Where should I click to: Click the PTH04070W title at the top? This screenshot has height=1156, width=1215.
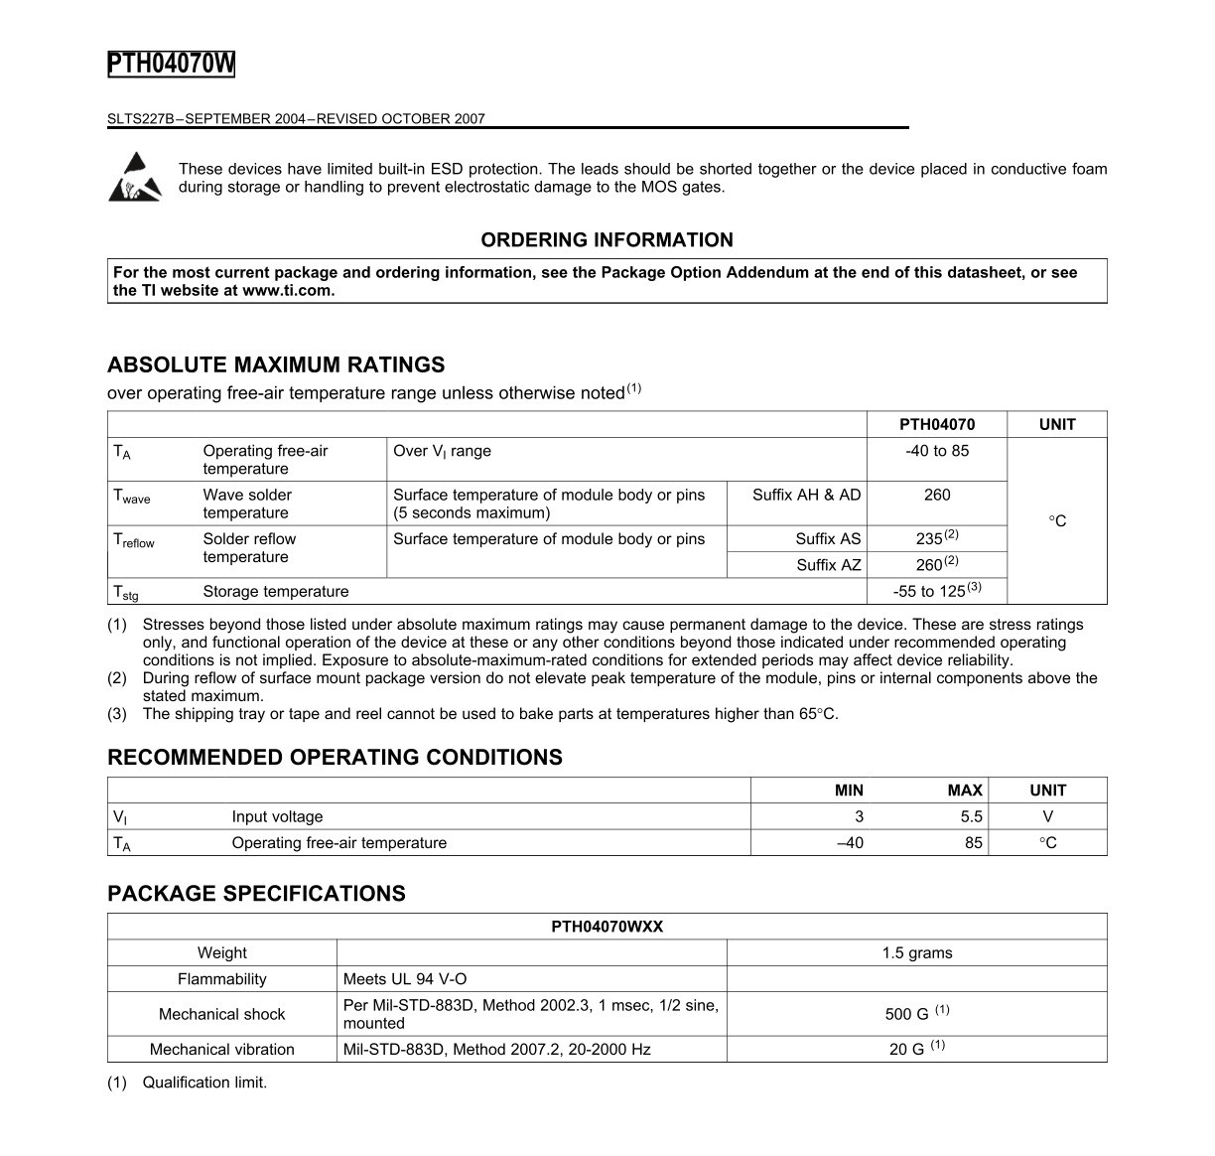tap(171, 65)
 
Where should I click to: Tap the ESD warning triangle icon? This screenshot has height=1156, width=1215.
tap(134, 177)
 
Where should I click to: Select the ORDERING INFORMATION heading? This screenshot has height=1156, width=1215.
tap(607, 240)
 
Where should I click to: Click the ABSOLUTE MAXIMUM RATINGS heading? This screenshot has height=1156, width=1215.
tap(276, 364)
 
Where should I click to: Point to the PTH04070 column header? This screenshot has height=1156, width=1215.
tap(936, 424)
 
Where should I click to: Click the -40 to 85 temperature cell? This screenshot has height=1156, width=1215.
tap(936, 451)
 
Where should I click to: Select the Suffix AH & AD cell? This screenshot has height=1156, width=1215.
tap(806, 495)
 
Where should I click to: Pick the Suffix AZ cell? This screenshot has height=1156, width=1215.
tap(828, 565)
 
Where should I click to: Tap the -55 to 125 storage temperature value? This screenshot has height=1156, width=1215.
tap(930, 592)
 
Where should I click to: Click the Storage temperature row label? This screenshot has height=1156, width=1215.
tap(276, 592)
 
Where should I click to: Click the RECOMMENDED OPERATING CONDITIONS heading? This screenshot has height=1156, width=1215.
tap(335, 758)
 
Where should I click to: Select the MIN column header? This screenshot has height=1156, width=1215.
tap(849, 791)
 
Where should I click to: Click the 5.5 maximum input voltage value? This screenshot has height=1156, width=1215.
tap(971, 816)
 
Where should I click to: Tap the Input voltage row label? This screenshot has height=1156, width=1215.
tap(277, 816)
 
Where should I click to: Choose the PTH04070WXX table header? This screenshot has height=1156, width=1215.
tap(607, 927)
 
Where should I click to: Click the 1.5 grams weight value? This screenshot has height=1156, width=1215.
tap(916, 953)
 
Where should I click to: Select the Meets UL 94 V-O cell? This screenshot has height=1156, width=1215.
tap(405, 979)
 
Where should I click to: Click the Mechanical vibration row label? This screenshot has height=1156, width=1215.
tap(221, 1050)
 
